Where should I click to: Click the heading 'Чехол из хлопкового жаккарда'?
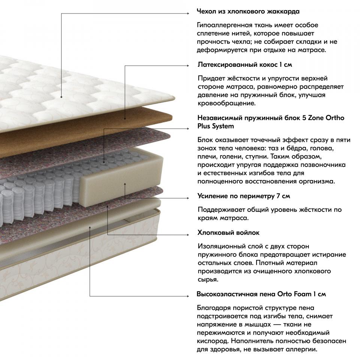click(248, 12)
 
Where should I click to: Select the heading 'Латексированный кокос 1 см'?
click(245, 65)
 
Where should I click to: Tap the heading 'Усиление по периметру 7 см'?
click(244, 196)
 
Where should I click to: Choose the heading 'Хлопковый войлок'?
click(228, 233)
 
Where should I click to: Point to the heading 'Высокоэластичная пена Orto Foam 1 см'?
click(261, 294)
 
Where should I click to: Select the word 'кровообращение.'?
click(226, 103)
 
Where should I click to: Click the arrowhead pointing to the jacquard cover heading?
click(187, 13)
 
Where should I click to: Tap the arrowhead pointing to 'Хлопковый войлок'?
click(187, 235)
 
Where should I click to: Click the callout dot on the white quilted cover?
click(61, 97)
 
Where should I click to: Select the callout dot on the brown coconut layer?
click(125, 119)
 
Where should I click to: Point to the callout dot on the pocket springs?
click(104, 162)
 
